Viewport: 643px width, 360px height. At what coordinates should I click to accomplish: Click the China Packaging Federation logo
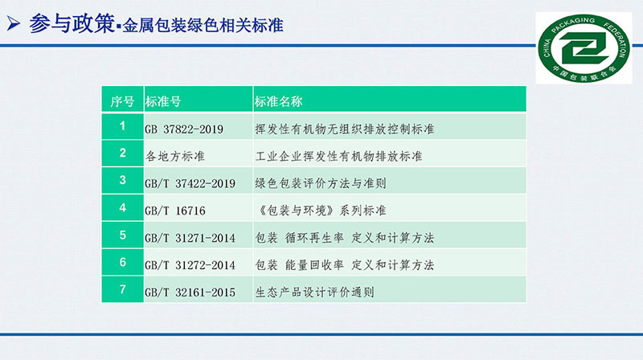pos(584,48)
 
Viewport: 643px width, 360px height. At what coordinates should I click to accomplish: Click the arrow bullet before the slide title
pos(14,24)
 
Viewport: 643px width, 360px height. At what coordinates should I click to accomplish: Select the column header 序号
pos(122,101)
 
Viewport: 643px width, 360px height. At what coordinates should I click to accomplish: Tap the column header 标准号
pos(163,101)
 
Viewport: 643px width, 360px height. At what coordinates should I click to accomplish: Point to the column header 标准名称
pos(278,101)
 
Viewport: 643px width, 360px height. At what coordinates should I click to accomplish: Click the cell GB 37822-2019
pos(184,129)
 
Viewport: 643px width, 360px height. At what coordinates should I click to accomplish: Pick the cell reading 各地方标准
pos(174,156)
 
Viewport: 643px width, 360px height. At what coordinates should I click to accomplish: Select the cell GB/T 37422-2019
pos(190,183)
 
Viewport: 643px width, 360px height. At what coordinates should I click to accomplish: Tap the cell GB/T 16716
pos(174,211)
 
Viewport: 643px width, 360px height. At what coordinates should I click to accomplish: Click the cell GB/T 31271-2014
pos(190,238)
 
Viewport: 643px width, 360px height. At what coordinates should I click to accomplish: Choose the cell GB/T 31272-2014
pos(190,265)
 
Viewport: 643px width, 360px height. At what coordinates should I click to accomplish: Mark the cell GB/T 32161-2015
pos(190,292)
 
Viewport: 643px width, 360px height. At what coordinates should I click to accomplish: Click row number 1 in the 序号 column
pos(122,126)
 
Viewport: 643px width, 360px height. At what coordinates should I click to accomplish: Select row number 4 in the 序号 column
pos(122,207)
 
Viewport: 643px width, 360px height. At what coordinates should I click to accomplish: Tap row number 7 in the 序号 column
pos(122,289)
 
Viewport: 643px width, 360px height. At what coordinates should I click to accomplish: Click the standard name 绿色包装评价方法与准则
pos(320,183)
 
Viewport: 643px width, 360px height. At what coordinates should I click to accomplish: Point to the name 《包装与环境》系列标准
pos(320,211)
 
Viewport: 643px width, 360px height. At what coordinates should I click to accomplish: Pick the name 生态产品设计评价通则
pos(314,292)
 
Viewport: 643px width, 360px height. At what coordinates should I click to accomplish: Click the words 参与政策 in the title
pos(72,23)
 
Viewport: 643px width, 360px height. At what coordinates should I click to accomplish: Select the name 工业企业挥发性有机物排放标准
pos(338,156)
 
